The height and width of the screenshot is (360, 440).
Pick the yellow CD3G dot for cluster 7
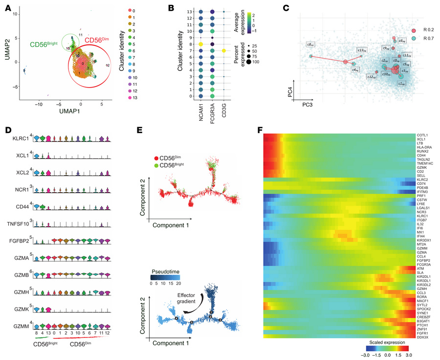click(x=224, y=50)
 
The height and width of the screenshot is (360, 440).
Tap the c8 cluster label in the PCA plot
click(x=310, y=45)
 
